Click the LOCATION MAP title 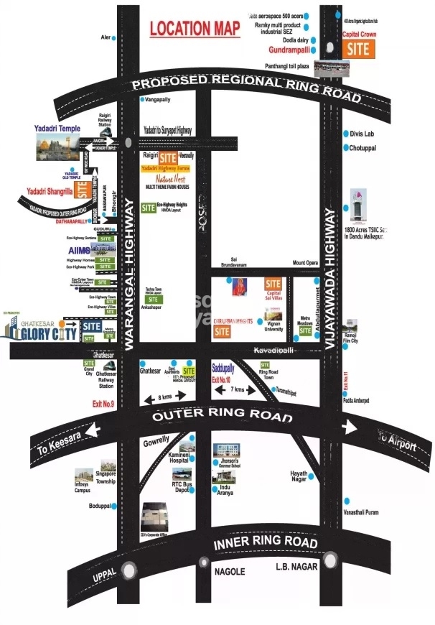pyautogui.click(x=194, y=29)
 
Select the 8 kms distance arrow pyautogui.click(x=164, y=397)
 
